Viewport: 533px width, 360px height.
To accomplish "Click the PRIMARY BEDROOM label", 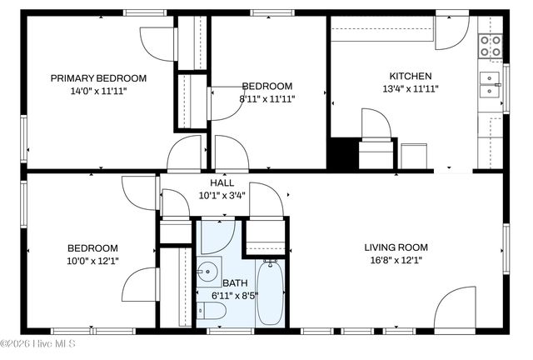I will [98, 78].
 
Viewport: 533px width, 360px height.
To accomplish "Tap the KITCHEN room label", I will [411, 75].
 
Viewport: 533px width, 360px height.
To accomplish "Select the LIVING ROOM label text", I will [396, 247].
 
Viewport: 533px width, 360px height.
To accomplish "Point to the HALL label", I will [222, 182].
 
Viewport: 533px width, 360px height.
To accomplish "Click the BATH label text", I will [234, 283].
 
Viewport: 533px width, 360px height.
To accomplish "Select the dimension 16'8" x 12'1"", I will [396, 260].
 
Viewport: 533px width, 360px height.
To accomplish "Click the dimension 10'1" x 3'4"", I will [222, 196].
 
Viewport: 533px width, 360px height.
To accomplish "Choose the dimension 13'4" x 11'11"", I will [411, 88].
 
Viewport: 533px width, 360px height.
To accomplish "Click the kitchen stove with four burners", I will [491, 47].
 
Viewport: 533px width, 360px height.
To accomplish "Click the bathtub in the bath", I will [270, 292].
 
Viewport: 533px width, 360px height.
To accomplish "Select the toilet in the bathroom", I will [212, 312].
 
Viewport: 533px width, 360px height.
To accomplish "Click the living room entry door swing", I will [455, 309].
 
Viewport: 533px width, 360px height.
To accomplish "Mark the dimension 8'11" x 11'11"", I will [267, 98].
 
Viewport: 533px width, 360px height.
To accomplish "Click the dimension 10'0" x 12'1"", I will [92, 261].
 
